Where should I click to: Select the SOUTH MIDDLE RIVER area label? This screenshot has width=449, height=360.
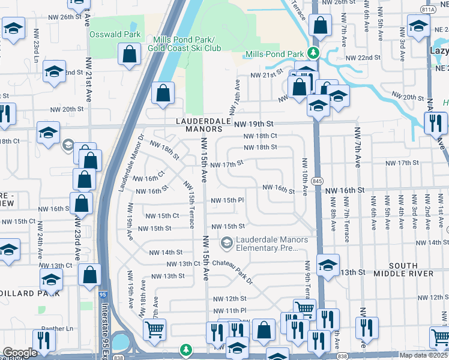pos(403,269)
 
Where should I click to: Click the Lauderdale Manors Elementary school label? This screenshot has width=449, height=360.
pos(272,243)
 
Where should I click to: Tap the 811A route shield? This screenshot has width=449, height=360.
pos(429,10)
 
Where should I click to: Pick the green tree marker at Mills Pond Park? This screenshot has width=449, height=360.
pos(312,52)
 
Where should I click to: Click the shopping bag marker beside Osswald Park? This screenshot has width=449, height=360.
pos(130,56)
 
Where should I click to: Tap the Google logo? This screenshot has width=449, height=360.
pos(20,353)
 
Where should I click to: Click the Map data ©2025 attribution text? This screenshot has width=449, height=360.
pos(424,355)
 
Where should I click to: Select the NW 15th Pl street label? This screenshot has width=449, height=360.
pos(227,200)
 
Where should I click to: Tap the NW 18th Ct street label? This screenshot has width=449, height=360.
pos(261,136)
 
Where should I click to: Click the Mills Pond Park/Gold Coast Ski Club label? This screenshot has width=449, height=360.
pos(184,43)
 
